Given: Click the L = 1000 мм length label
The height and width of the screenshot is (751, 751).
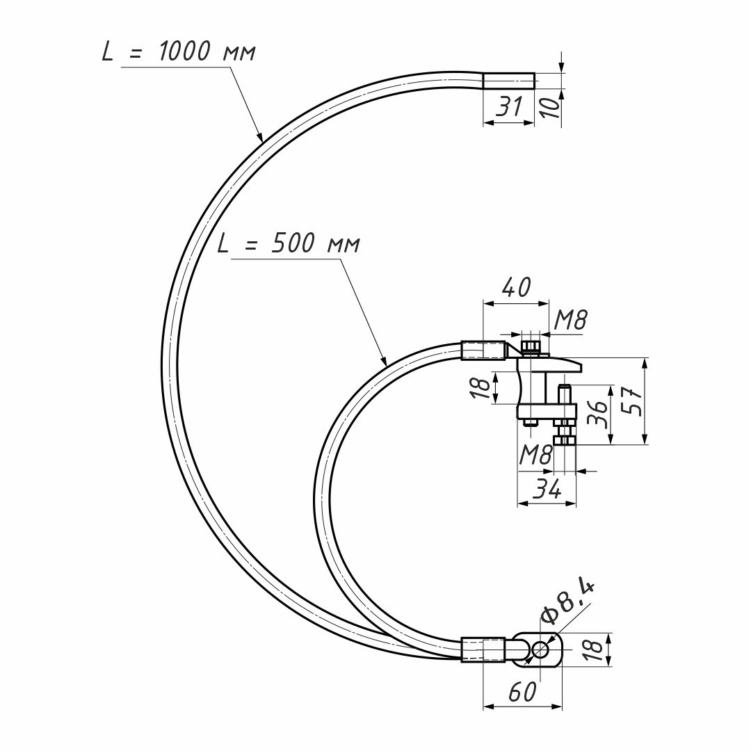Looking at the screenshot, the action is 179,51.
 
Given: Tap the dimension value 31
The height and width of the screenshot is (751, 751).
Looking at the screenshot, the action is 508,106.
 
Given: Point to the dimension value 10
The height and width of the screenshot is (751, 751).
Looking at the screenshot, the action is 552,108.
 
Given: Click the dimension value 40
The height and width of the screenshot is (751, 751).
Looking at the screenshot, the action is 516,287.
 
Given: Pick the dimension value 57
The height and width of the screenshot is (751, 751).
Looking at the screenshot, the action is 633,401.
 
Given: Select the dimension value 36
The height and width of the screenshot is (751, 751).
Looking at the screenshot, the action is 597,413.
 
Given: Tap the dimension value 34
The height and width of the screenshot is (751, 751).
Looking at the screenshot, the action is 547,488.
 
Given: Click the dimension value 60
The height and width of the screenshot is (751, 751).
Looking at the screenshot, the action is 522,692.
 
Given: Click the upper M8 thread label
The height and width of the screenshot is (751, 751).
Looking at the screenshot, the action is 570,319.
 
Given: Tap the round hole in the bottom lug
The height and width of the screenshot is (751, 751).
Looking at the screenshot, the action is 541,650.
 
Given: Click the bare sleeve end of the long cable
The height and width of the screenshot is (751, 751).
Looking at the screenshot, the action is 508,81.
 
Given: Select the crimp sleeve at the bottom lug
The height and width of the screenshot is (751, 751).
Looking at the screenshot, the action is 483,649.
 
